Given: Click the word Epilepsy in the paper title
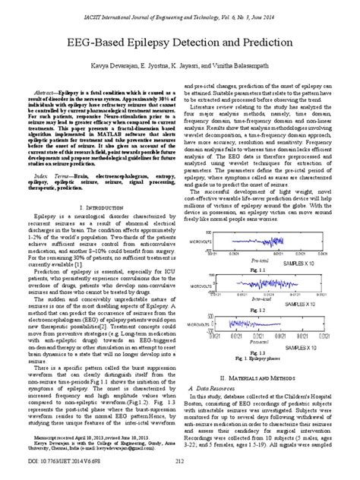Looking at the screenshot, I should coord(156,43).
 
